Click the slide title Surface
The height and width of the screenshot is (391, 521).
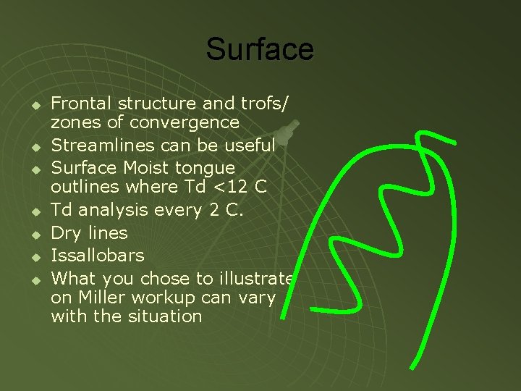pos(260,49)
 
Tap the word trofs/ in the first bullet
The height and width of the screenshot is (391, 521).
pos(268,104)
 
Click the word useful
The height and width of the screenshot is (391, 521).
pos(250,145)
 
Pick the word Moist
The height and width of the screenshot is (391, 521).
pos(148,168)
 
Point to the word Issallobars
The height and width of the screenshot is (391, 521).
pos(98,256)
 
